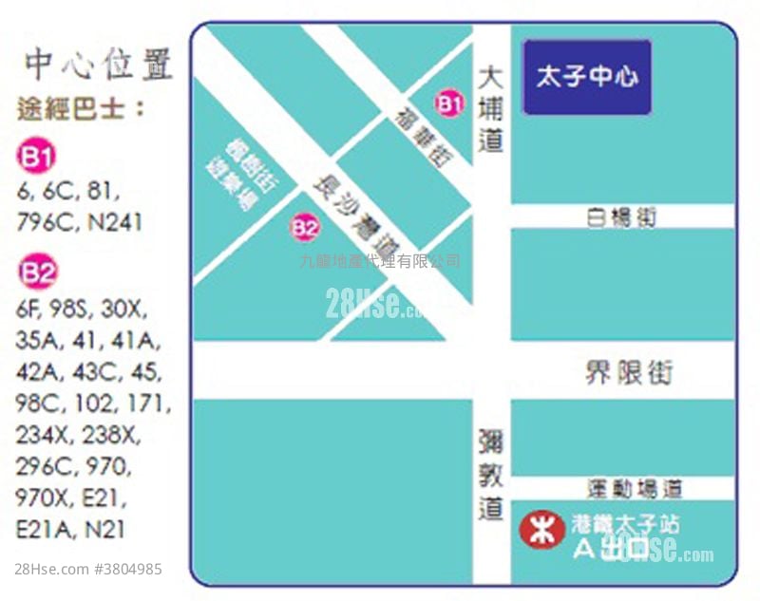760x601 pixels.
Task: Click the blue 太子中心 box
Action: tap(587, 77)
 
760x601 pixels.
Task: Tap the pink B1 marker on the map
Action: tap(449, 102)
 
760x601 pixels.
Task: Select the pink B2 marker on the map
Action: tap(305, 227)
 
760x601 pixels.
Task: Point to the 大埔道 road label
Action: tap(490, 109)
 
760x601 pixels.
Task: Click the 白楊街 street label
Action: tap(621, 217)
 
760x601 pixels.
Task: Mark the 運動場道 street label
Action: tap(635, 490)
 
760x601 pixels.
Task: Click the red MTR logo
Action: tap(542, 530)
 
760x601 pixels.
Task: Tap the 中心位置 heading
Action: tap(98, 65)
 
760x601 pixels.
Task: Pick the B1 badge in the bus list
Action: tap(36, 157)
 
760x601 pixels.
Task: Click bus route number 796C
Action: tap(48, 223)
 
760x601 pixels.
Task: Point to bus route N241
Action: tap(116, 223)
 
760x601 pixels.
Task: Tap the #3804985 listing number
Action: tap(127, 570)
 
